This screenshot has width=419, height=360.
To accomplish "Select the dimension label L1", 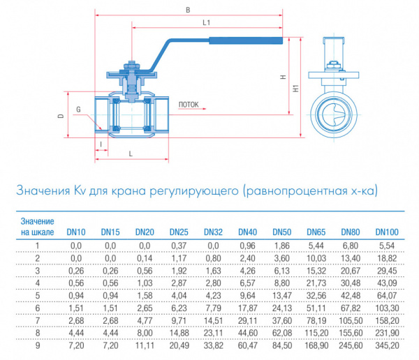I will [x=207, y=24].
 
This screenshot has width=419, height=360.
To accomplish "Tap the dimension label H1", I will [x=296, y=89].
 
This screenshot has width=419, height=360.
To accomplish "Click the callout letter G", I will [x=78, y=110].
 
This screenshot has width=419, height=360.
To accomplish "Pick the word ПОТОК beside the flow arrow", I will [x=189, y=105].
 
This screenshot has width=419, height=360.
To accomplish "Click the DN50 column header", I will [x=281, y=232].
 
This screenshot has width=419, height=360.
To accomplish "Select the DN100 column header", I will [x=386, y=232].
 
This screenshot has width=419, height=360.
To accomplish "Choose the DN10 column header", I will [x=75, y=232].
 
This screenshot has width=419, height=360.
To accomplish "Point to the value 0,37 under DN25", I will [x=179, y=246].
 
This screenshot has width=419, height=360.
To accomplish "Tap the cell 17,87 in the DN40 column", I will [x=248, y=307].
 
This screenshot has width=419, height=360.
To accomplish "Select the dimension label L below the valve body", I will [x=131, y=152].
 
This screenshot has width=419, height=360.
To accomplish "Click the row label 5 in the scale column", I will [x=38, y=294].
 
